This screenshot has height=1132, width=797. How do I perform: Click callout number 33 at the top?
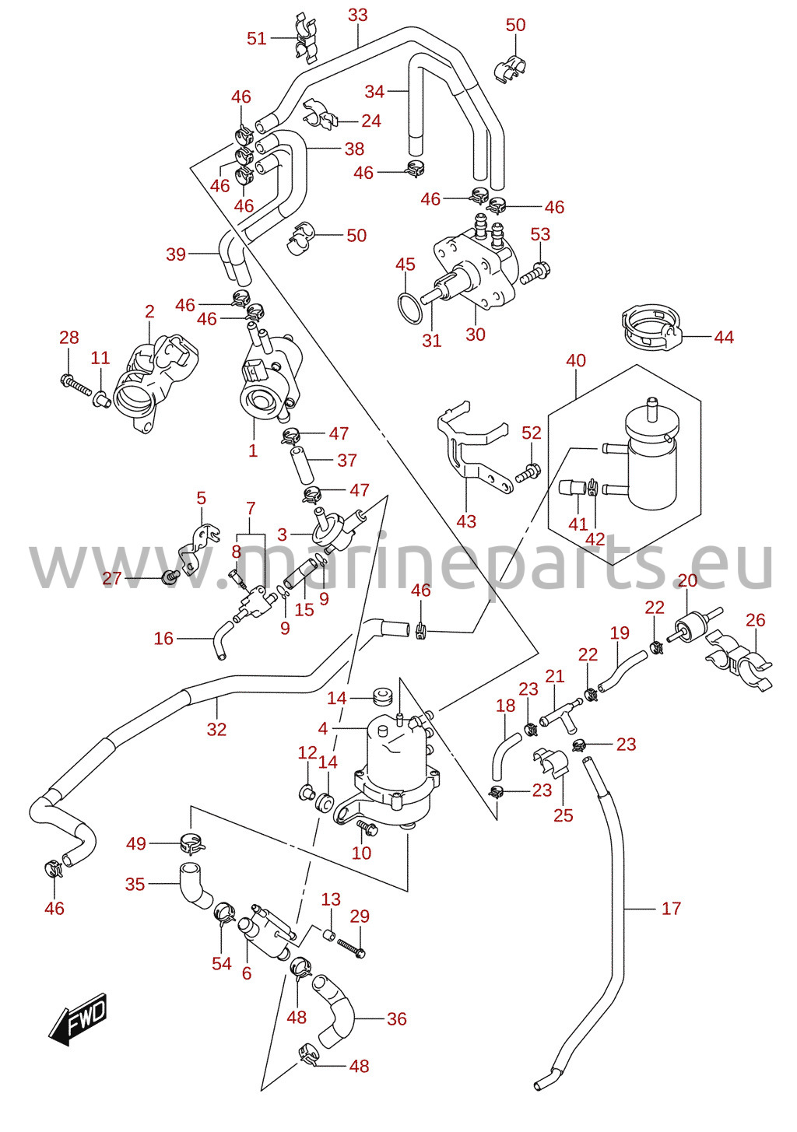pos(357,15)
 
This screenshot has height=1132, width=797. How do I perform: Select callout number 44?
pos(724,337)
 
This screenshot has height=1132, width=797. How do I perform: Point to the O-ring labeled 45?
pos(409,307)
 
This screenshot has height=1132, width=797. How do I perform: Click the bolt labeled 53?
pos(535,271)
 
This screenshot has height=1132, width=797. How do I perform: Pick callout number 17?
pos(671,909)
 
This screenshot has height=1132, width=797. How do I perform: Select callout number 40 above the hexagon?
pos(576,361)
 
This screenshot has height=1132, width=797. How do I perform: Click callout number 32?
pos(216,729)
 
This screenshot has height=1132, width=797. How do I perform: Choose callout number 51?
pos(256,38)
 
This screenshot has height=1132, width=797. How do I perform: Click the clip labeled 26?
pos(738,660)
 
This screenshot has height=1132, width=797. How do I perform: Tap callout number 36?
pos(396,1019)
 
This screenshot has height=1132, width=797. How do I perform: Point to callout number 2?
pos(149,311)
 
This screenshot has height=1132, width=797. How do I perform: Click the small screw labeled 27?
pos(170,577)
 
